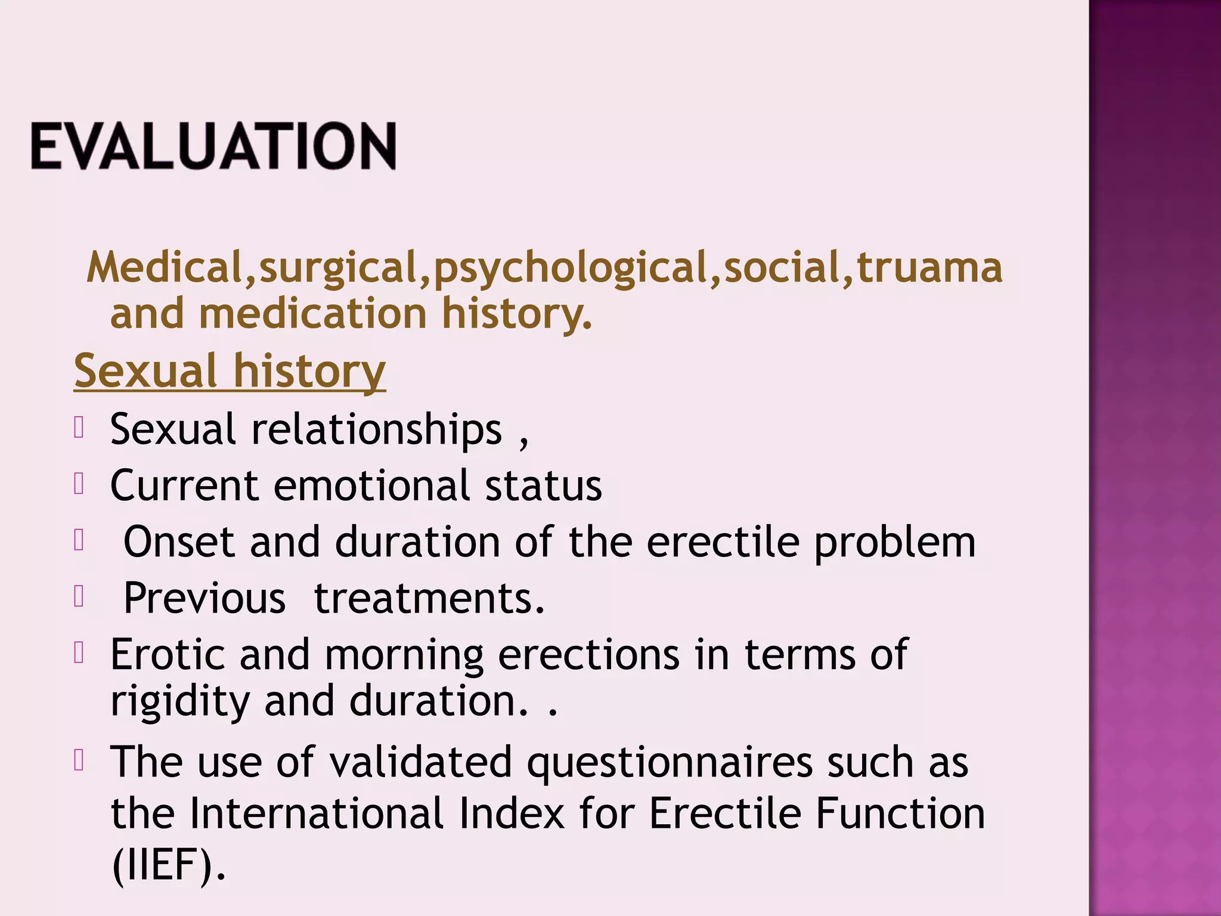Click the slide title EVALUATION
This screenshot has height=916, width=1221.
pyautogui.click(x=213, y=146)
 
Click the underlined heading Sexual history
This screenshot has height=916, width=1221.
pyautogui.click(x=230, y=371)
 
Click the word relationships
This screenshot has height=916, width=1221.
pyautogui.click(x=377, y=431)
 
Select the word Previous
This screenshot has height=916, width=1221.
pyautogui.click(x=204, y=598)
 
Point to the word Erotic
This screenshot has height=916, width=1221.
pyautogui.click(x=168, y=654)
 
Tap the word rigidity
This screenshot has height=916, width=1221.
pyautogui.click(x=180, y=702)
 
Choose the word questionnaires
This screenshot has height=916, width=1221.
pyautogui.click(x=670, y=763)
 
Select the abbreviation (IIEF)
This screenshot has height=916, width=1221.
pyautogui.click(x=169, y=865)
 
